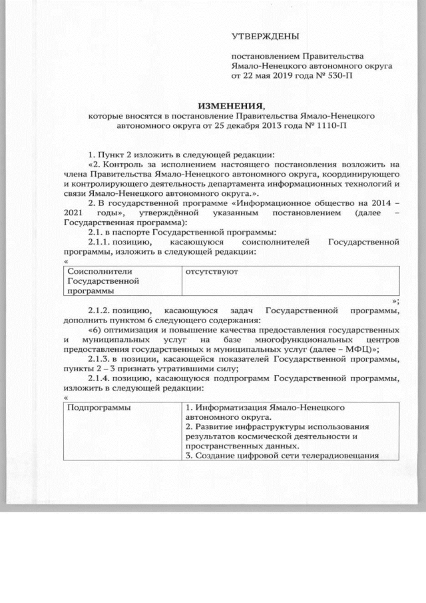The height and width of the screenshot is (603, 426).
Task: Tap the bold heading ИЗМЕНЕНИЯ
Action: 231,105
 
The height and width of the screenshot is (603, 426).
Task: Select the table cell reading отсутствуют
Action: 211,272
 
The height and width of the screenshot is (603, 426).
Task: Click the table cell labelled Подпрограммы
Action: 98,407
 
